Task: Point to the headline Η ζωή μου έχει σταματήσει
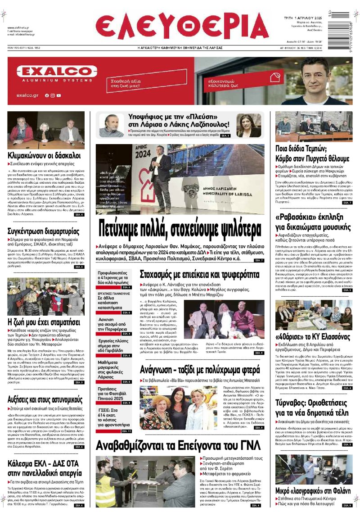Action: click(44, 322)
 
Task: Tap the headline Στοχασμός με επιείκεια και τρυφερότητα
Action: click(200, 274)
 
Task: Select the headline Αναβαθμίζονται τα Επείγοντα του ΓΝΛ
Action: click(178, 445)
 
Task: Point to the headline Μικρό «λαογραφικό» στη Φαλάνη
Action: click(313, 491)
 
